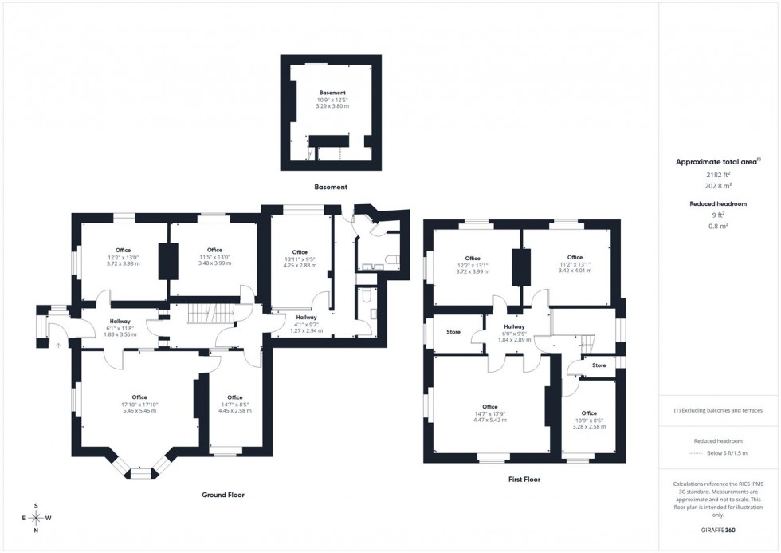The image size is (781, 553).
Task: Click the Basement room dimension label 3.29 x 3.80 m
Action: pos(332,105)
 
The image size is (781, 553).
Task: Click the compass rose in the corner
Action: pos(36,518)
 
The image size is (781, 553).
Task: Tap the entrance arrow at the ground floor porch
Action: pos(57,345)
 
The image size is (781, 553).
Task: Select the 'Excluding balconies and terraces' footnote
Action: pos(718,410)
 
